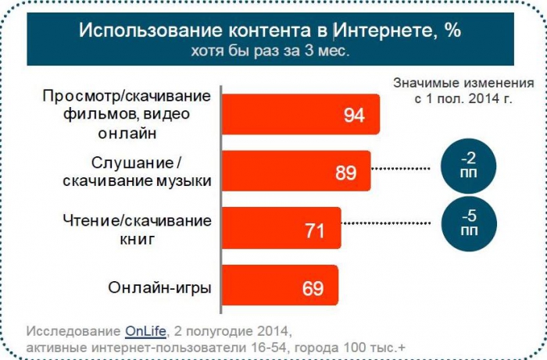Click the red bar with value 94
pos(301,115)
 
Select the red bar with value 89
pos(297,172)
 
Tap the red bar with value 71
pos(281,230)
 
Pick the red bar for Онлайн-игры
pos(281,287)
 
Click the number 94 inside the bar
pos(354,116)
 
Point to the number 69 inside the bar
pos(313,287)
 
